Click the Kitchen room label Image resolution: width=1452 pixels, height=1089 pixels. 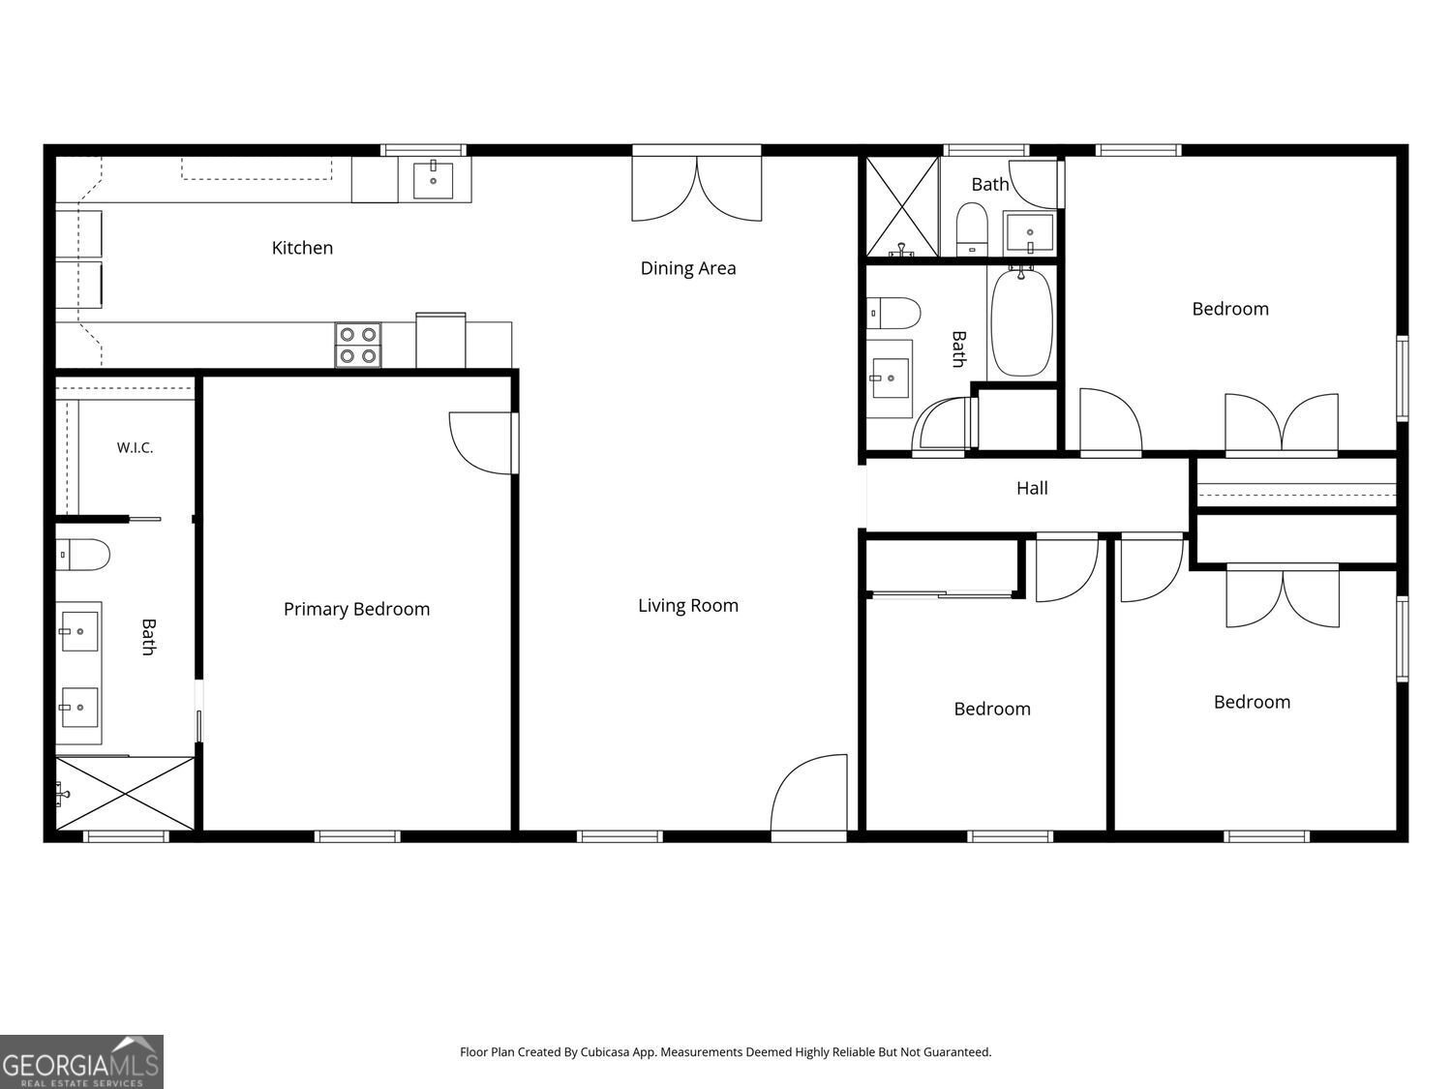(x=302, y=248)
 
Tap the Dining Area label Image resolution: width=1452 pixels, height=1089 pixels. (x=688, y=268)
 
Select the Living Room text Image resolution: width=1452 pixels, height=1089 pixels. (x=688, y=606)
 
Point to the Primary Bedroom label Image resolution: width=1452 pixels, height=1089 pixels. (x=356, y=609)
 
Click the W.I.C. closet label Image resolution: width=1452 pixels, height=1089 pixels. (x=135, y=447)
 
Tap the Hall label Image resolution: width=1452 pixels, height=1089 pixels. (x=1032, y=488)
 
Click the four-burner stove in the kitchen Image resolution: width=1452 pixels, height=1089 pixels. (x=358, y=345)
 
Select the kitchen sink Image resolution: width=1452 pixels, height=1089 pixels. (x=434, y=180)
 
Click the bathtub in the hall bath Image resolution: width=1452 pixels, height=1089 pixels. (x=1021, y=322)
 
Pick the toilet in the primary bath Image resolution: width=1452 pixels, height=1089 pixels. (x=82, y=554)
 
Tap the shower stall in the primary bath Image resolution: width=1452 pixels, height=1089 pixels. (x=125, y=793)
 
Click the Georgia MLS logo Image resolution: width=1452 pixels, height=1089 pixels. (x=81, y=1061)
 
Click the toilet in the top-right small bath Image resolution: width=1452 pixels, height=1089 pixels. (x=972, y=228)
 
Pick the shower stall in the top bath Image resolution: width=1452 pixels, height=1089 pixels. (x=902, y=206)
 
